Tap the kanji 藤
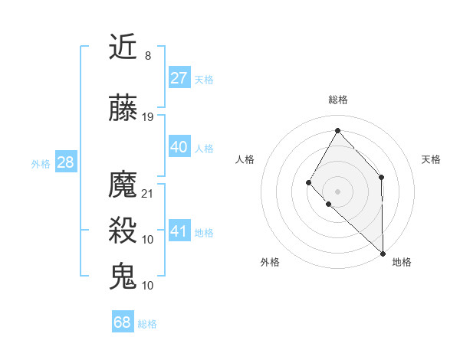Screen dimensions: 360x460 pos(123,109)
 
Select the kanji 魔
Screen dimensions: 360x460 pos(123,185)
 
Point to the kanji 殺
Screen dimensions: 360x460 pos(123,231)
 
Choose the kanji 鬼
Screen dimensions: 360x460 pos(123,276)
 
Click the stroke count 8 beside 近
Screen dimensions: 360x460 pos(147,56)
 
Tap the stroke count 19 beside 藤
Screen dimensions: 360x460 pos(148,117)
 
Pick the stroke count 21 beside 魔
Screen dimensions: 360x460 pos(148,193)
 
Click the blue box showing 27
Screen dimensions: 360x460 pos(179,78)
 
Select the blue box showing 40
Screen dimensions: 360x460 pos(179,147)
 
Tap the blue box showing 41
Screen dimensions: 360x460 pos(179,231)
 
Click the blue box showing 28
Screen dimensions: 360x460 pos(64,162)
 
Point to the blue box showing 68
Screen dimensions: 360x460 pos(122,322)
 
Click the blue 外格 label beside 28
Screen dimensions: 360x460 pos(41,163)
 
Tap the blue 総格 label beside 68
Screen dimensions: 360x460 pos(147,324)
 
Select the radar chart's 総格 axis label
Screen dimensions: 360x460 pos(337,100)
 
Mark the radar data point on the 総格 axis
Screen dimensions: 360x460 pos(337,129)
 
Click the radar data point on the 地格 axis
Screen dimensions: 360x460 pos(383,252)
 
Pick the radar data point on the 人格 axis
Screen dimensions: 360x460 pos(308,182)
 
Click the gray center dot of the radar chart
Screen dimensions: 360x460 pos(337,191)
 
